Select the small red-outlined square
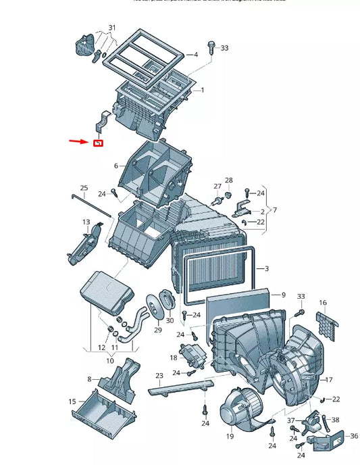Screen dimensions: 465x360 97,143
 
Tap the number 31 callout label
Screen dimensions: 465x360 112,28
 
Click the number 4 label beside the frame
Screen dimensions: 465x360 195,54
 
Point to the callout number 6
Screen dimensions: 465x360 115,166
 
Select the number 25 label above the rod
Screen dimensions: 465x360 84,188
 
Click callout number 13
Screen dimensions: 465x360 86,222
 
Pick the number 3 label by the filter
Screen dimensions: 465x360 265,269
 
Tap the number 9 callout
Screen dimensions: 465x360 283,295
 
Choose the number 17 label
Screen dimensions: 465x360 329,378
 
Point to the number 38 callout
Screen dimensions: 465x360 336,420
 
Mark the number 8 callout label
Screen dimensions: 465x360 89,379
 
